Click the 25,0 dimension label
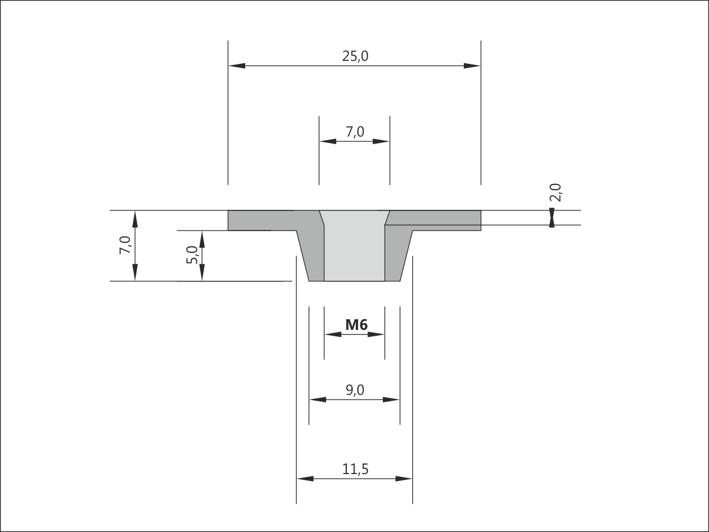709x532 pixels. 355,56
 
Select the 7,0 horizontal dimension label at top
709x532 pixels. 355,132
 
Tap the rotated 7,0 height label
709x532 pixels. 125,245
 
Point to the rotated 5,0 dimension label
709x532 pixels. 192,255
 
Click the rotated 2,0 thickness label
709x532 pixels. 555,193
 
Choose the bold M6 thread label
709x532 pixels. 356,325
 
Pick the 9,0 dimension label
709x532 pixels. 355,390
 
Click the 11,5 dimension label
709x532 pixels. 355,469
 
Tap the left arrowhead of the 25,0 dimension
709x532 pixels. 237,66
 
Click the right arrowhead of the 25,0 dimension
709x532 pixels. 472,66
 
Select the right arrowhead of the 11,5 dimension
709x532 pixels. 404,479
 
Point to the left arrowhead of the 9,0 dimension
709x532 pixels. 318,400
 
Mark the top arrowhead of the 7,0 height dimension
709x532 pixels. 135,219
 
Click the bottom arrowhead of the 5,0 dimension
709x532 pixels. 202,273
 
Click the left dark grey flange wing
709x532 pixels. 262,220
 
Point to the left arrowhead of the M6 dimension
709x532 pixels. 333,335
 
